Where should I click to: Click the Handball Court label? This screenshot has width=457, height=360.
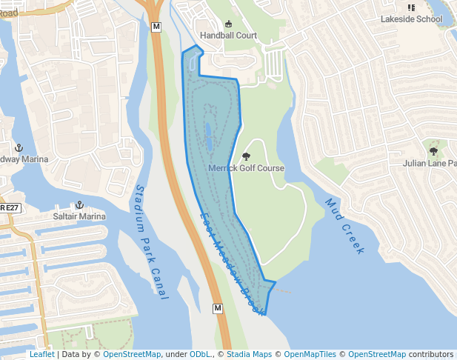tap(228, 35)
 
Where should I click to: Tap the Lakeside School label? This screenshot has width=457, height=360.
tap(411, 19)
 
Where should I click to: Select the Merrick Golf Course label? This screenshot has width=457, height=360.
tap(246, 168)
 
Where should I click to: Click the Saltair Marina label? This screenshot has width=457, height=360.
tap(79, 216)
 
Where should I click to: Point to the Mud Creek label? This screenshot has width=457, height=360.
tap(344, 226)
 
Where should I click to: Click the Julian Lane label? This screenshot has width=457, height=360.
tap(430, 163)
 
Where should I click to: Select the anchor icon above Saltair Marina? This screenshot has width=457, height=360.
tap(79, 204)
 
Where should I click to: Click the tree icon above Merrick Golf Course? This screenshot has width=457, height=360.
tap(246, 156)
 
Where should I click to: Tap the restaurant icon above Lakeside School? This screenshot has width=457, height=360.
tap(411, 7)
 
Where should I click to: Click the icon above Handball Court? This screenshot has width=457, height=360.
tap(228, 24)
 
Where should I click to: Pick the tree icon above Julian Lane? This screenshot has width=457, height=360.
tap(433, 150)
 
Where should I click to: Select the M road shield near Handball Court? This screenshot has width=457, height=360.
tap(156, 27)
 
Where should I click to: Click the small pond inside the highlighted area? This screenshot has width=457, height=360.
tap(208, 136)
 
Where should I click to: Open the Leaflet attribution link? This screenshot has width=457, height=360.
tap(41, 354)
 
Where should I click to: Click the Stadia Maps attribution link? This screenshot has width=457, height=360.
tap(249, 354)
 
